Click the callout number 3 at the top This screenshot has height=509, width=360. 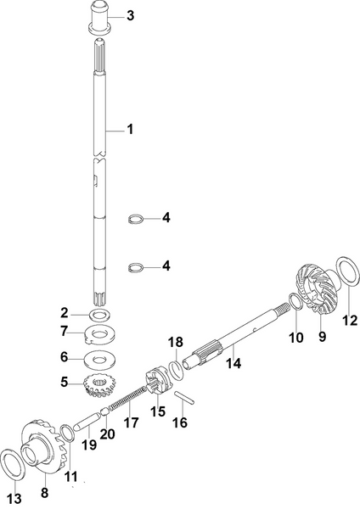pos(130,16)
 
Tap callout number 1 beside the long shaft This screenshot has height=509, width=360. pos(130,130)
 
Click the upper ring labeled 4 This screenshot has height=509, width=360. pos(133,219)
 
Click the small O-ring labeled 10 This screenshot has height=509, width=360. pos(291,300)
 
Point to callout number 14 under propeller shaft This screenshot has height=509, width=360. pos(233,363)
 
